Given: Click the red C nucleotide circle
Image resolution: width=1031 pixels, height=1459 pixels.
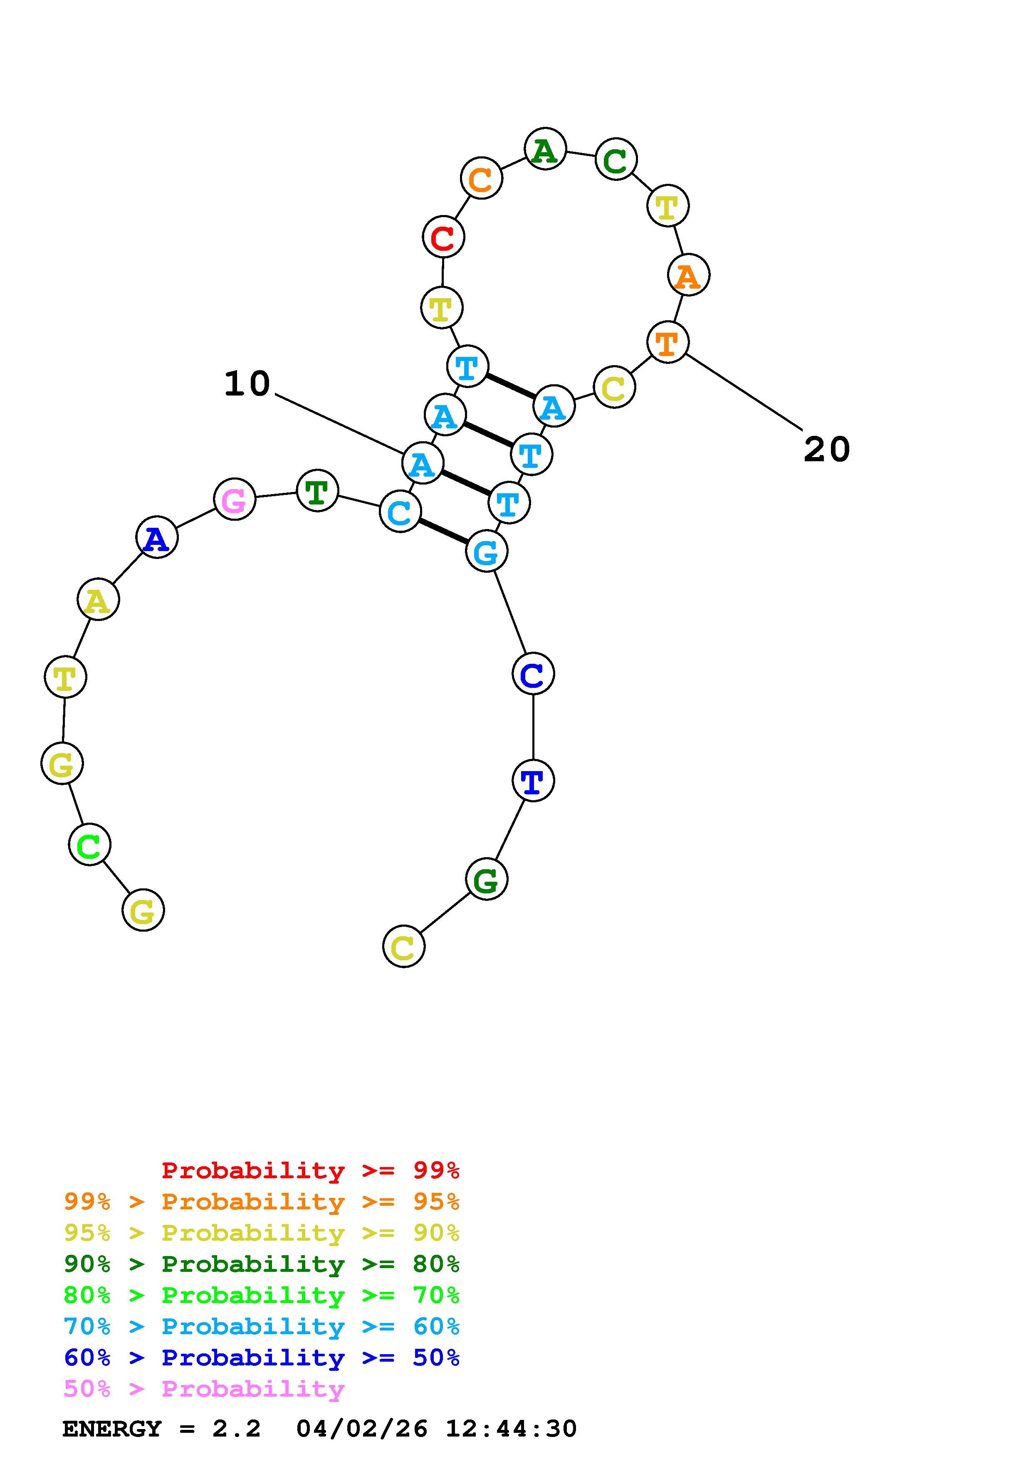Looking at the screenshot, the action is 443,237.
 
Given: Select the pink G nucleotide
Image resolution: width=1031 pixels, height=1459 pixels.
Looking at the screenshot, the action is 235,500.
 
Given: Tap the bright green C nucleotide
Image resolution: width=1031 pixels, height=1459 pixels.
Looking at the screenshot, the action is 89,845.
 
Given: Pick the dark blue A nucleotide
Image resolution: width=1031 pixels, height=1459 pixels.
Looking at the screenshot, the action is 156,538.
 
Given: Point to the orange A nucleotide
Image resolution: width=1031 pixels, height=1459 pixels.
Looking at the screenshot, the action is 688,275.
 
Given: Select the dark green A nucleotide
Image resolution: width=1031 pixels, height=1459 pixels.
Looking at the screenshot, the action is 545,149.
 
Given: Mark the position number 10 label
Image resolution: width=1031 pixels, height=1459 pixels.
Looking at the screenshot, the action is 247,384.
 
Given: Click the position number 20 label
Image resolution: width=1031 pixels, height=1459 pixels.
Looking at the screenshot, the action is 826,449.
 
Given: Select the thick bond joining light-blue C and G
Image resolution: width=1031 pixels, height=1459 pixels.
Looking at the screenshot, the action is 443,531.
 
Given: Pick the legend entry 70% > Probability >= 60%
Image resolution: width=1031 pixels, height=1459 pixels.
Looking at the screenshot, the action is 261,1326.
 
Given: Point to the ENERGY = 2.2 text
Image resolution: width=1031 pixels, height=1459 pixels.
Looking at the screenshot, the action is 161,1429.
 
